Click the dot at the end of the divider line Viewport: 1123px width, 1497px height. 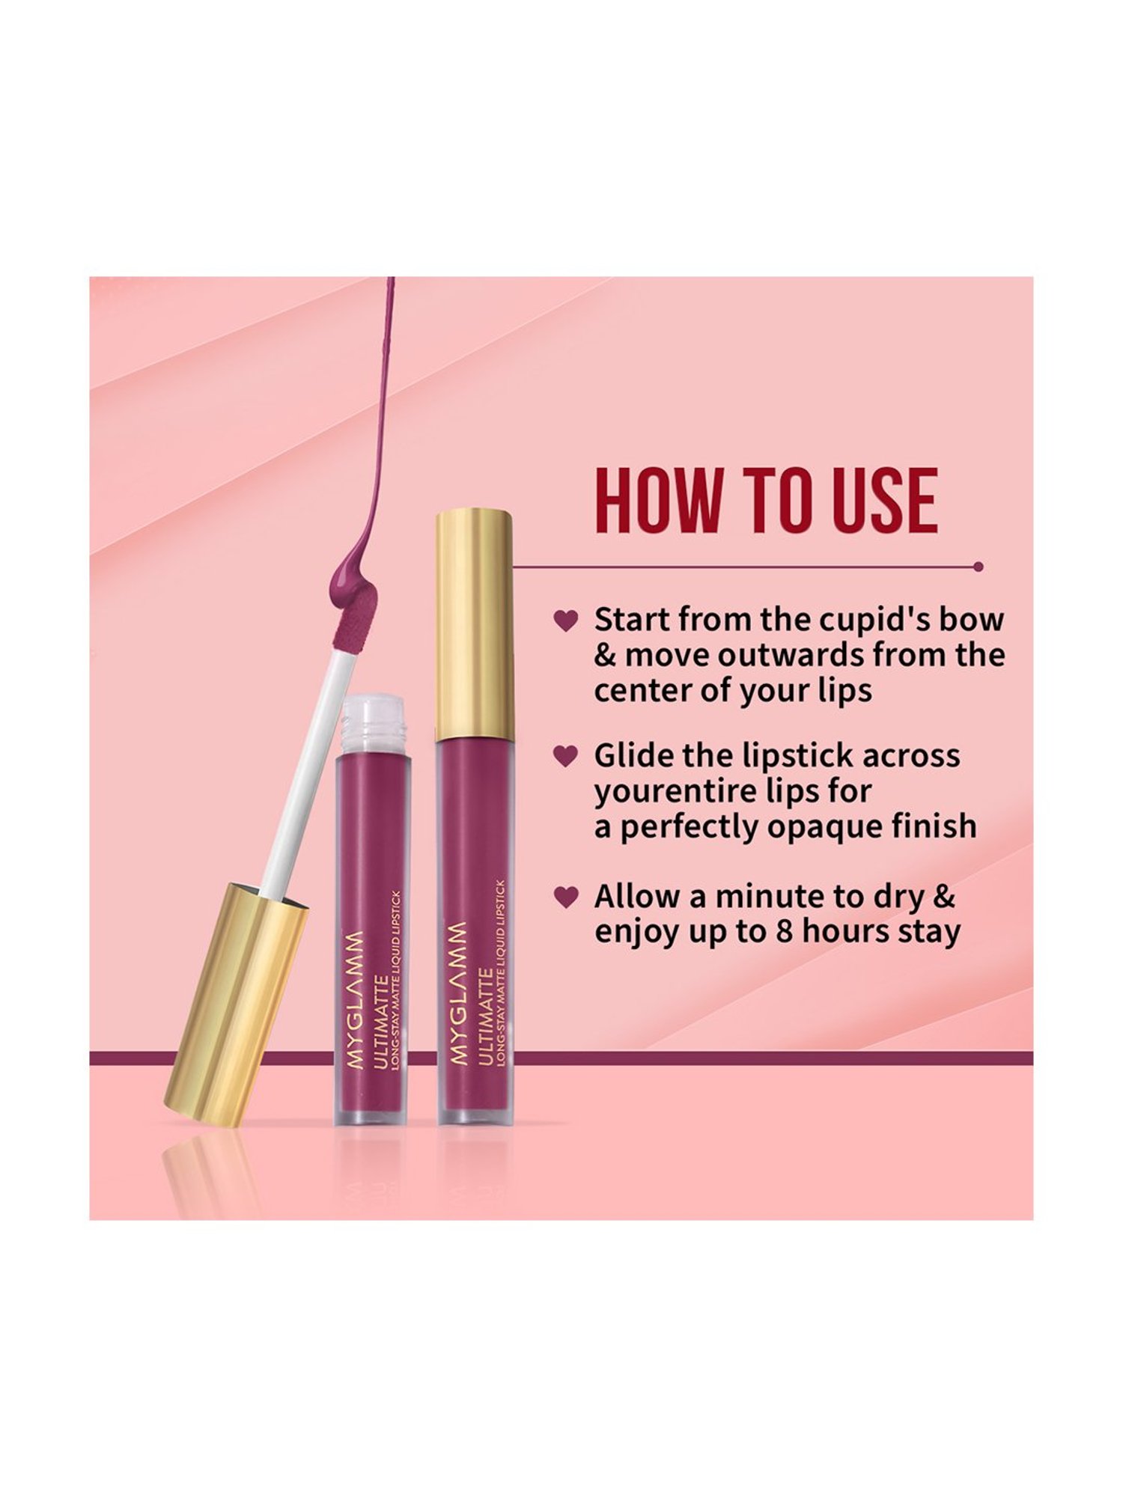coord(979,567)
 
